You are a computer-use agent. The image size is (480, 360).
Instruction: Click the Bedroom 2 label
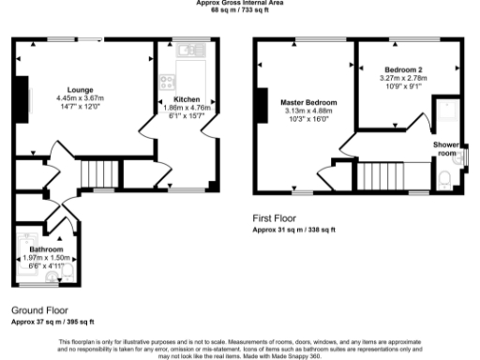[x=403, y=69]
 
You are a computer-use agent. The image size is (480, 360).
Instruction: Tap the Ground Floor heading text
[x=38, y=308]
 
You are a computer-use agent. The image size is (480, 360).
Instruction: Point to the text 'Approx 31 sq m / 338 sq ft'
[x=292, y=229]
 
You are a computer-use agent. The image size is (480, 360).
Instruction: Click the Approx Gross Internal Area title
[x=239, y=3]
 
